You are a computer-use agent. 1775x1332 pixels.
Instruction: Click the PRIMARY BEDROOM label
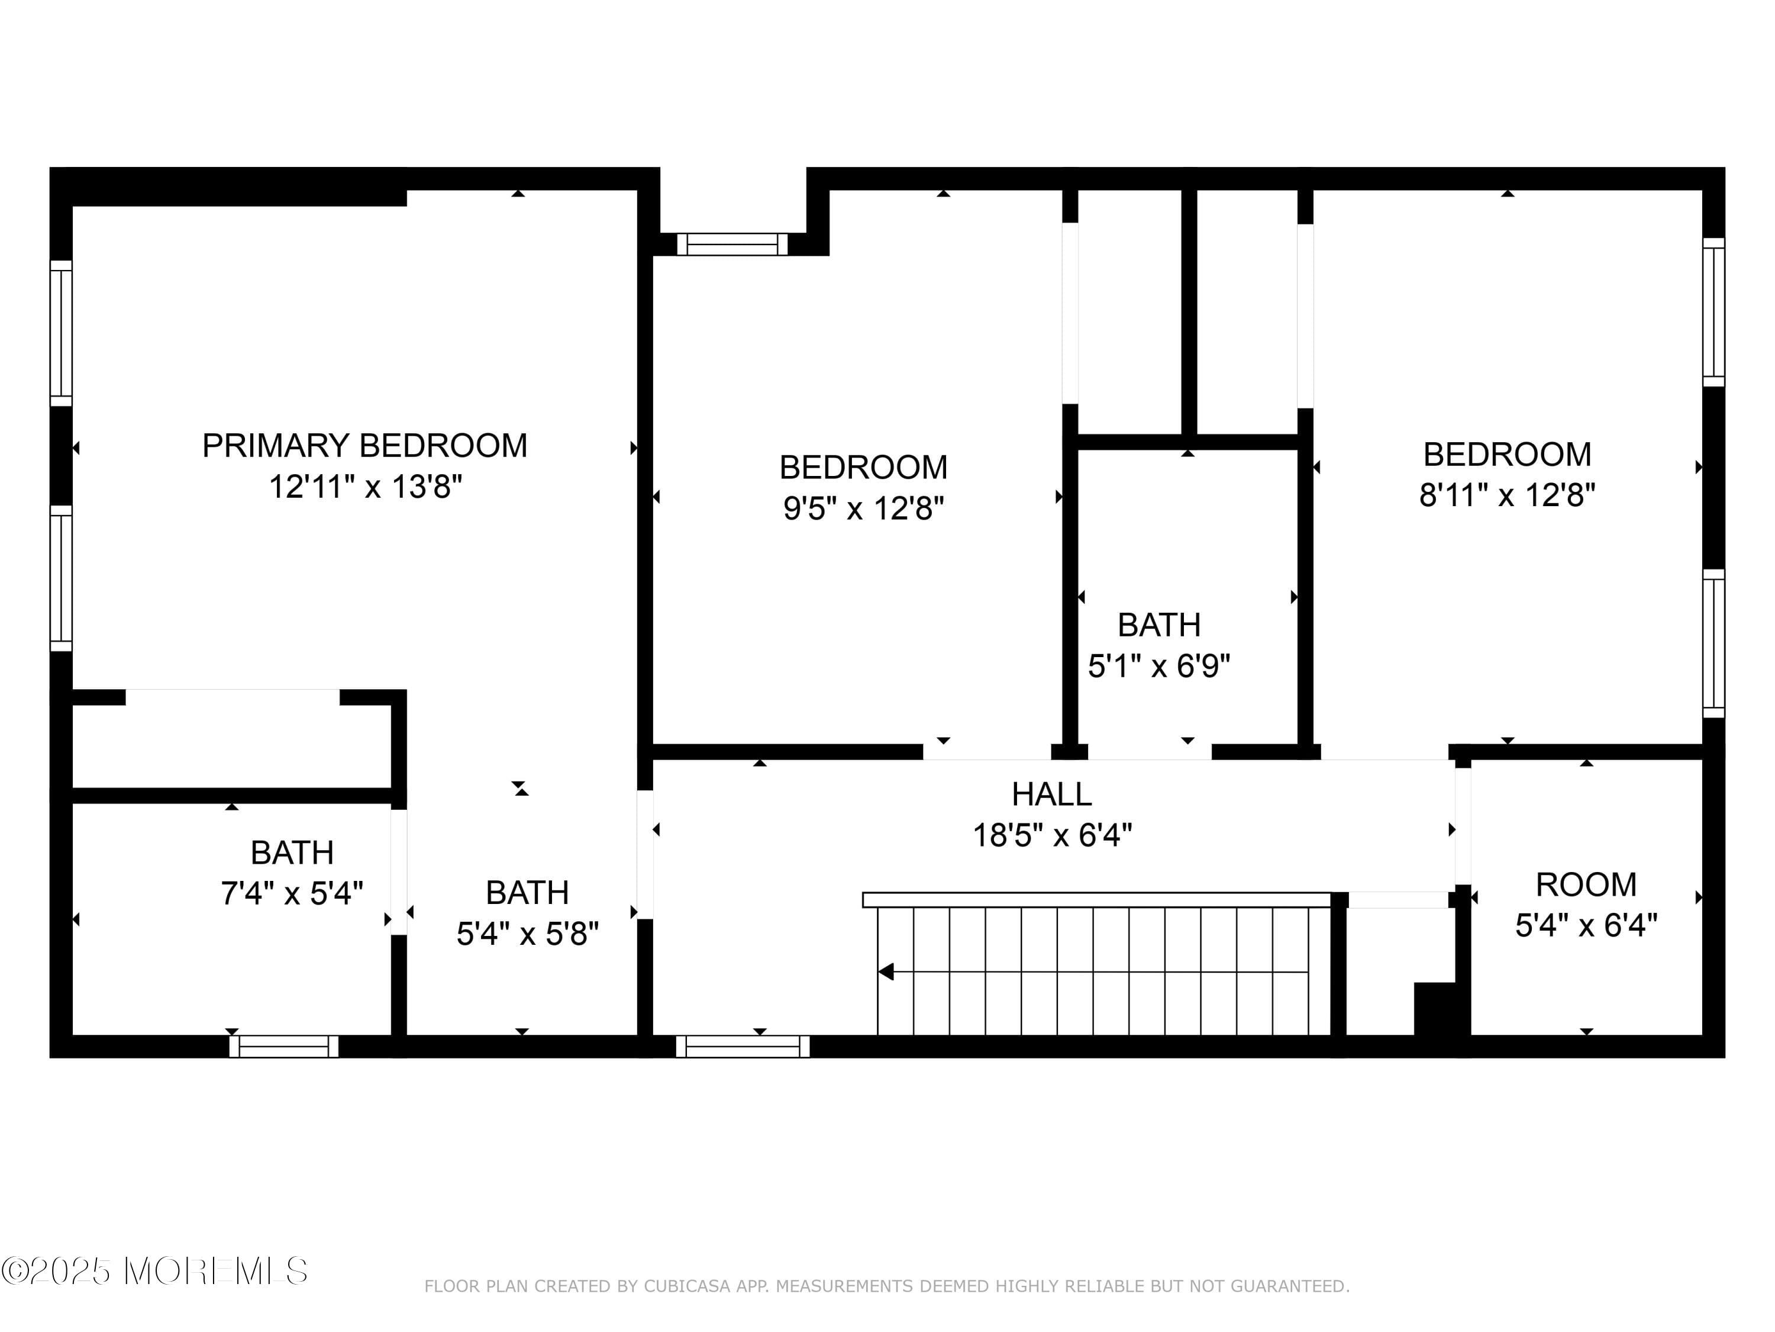coord(364,446)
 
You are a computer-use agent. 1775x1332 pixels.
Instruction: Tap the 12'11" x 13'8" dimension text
coord(365,487)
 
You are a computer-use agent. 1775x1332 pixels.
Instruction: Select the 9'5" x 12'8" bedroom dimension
coord(863,508)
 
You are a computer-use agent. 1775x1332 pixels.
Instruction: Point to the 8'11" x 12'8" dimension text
coord(1507,496)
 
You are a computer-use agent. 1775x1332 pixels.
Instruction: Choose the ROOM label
coord(1586,885)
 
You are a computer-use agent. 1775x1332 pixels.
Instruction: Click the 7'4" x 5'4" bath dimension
coord(292,893)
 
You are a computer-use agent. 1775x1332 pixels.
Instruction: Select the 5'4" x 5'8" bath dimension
coord(528,934)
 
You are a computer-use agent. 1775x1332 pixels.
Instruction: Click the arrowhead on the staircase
coord(886,971)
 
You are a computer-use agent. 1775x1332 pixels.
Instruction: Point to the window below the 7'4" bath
coord(284,1046)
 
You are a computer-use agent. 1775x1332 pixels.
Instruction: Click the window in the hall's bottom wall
coord(743,1046)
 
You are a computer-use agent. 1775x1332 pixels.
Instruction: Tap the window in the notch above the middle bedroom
coord(732,244)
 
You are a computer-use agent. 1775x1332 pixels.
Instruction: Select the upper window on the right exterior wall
coord(1713,313)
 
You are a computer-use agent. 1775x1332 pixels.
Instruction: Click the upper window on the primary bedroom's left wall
coord(61,333)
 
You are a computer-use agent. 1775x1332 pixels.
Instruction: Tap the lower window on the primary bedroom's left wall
coord(61,578)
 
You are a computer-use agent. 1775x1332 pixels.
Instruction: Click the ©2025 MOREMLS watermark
coord(154,1271)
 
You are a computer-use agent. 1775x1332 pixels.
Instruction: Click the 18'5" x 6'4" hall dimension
coord(1052,836)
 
